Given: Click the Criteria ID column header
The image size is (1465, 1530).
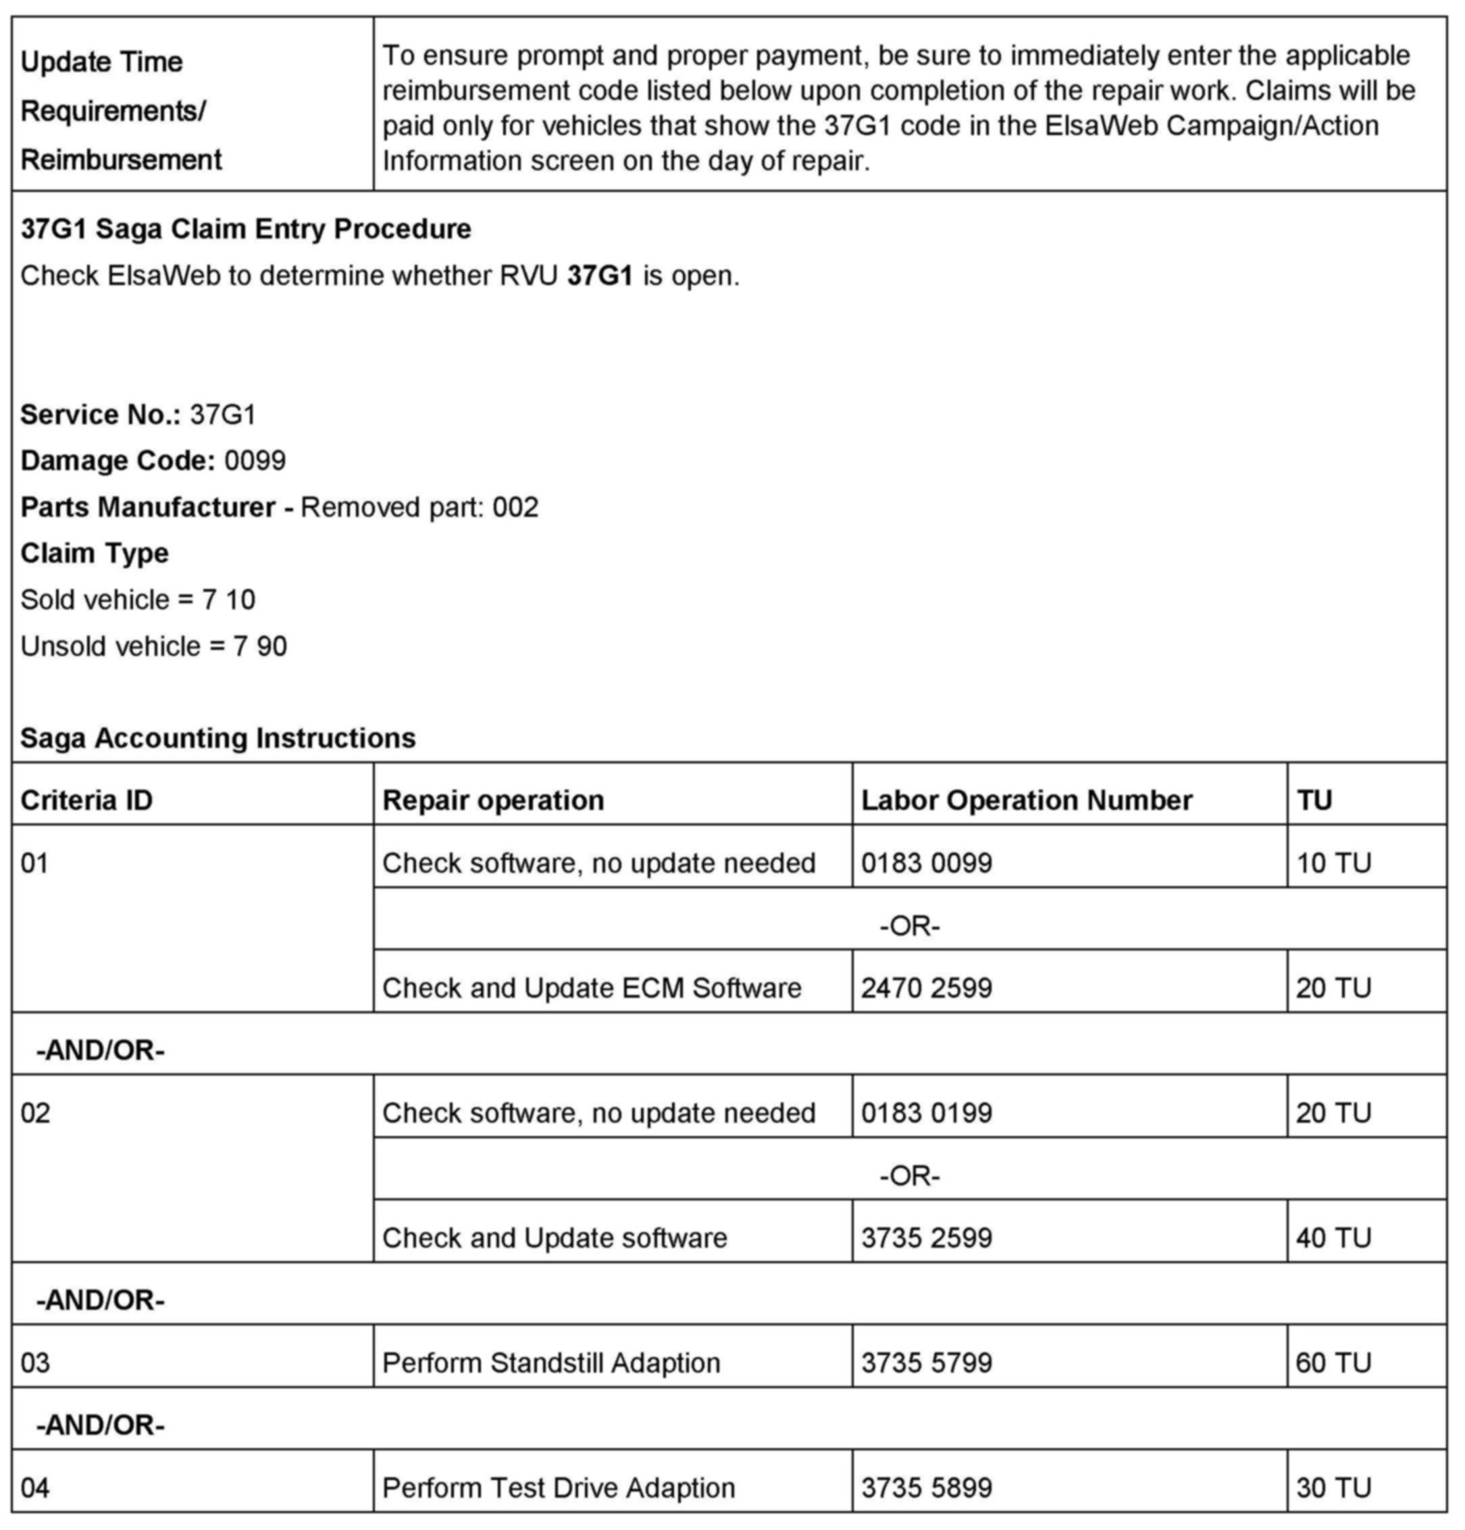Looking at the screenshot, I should [x=86, y=800].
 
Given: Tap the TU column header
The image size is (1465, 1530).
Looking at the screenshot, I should [x=1314, y=800].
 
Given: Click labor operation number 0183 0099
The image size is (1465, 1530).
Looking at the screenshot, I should [x=927, y=863].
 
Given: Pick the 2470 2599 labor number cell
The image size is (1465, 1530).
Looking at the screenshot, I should [x=927, y=988].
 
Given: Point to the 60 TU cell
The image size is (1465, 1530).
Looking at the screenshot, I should [x=1333, y=1362].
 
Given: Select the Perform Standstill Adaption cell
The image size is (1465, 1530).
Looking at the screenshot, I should [x=551, y=1362].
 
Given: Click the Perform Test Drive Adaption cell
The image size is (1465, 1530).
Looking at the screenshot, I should [x=558, y=1487].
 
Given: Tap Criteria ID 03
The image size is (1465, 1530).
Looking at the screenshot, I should [x=35, y=1362].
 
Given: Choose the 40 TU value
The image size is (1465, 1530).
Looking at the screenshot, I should [x=1333, y=1238].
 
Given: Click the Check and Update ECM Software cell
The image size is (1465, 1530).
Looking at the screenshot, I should [x=592, y=988].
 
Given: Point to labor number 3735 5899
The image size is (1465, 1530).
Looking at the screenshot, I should [x=927, y=1487].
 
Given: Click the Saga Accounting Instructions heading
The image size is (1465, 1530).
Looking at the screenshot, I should [x=217, y=738].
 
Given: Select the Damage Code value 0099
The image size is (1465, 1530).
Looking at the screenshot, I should [x=255, y=461].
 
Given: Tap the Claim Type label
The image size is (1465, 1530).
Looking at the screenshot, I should [x=95, y=553].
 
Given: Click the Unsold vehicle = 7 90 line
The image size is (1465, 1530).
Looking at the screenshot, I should [x=154, y=646].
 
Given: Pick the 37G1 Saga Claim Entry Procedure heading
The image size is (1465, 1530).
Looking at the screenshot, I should [x=246, y=229].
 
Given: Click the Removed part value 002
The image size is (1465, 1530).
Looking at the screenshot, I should [x=515, y=507].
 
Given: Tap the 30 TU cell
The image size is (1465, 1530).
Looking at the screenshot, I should [x=1333, y=1487].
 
